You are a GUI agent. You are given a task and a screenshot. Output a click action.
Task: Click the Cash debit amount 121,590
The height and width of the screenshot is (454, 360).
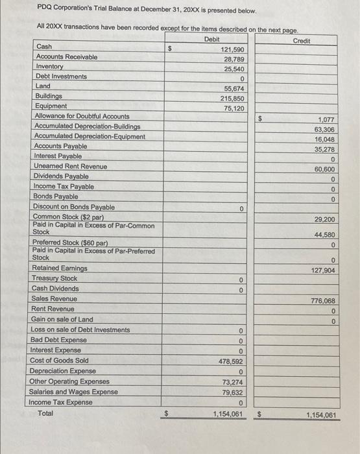[232, 49]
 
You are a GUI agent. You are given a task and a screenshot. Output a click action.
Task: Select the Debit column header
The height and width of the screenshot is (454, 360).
[211, 40]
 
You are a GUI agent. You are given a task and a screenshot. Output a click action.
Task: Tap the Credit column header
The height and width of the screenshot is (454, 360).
[301, 41]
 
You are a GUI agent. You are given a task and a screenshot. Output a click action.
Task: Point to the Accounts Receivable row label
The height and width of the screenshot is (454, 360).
[67, 57]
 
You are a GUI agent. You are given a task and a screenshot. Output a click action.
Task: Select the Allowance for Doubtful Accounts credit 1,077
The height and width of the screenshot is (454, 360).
[326, 120]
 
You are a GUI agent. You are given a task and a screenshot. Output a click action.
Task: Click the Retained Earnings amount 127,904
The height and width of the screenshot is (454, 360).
[322, 270]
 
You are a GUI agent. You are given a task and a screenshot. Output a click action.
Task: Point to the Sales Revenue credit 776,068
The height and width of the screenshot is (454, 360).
[322, 301]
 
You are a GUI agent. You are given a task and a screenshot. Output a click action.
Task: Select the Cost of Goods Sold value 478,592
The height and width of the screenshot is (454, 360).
[231, 361]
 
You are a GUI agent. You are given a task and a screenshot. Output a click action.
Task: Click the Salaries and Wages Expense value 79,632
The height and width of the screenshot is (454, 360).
[232, 392]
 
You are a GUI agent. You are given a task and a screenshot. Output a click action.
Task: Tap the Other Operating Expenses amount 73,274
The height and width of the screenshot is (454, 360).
[232, 382]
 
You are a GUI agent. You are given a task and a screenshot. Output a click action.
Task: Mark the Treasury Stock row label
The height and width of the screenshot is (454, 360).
[54, 278]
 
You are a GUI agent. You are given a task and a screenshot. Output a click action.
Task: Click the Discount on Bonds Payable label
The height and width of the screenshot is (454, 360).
[73, 207]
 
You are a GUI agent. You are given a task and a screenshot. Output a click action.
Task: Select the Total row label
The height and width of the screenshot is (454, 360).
[45, 412]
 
